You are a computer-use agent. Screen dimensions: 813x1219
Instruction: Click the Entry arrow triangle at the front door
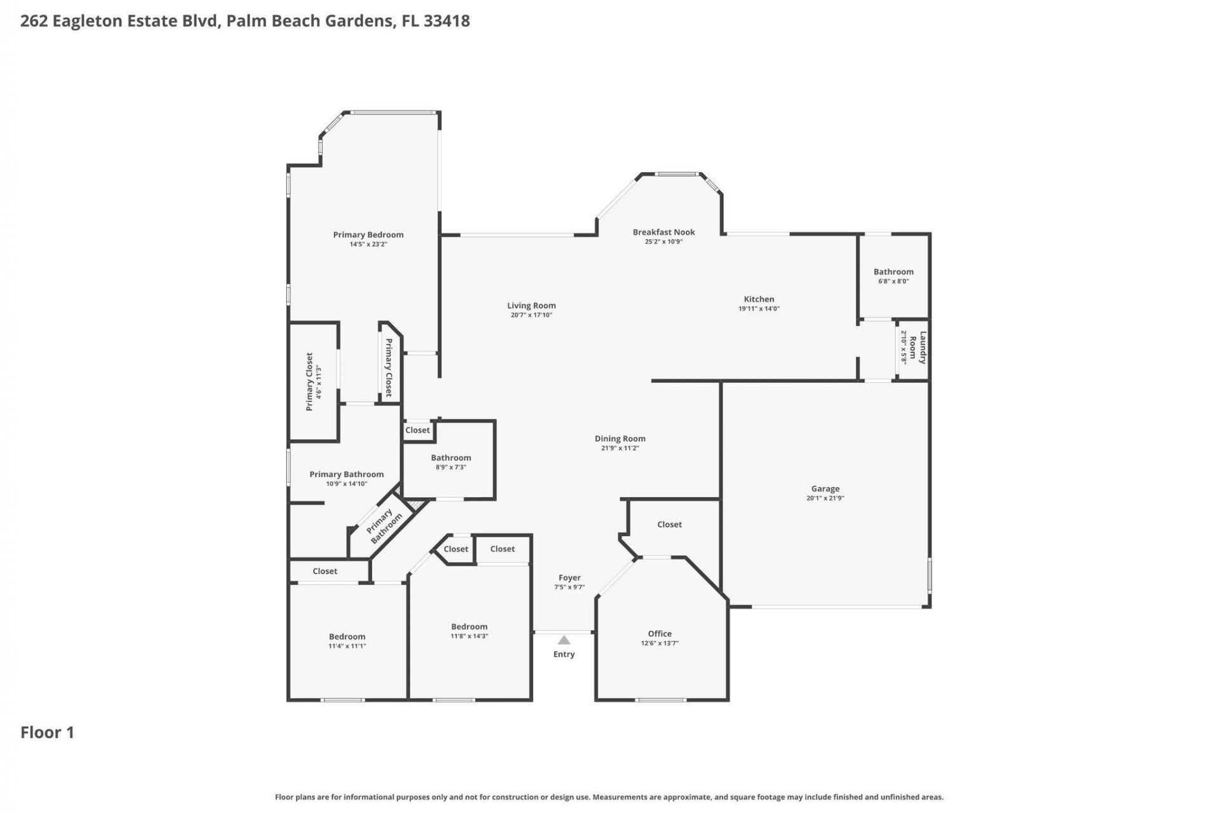click(x=564, y=640)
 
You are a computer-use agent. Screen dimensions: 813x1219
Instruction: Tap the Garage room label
click(x=825, y=488)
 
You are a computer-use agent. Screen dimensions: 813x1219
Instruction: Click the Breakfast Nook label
click(x=663, y=232)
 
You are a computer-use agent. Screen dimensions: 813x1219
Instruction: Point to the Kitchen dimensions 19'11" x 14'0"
click(x=759, y=309)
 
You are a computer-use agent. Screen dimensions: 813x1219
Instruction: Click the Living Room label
click(x=531, y=306)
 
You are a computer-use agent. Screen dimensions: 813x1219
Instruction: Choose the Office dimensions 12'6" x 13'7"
click(x=660, y=643)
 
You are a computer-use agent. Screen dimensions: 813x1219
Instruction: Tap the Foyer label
click(x=570, y=578)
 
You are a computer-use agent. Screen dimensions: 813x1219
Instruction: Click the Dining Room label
click(x=620, y=438)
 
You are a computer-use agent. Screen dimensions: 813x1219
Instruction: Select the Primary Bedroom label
click(x=368, y=235)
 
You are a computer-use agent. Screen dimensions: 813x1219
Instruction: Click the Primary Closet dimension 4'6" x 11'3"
click(x=319, y=382)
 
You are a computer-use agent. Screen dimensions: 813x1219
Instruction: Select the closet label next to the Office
click(x=669, y=525)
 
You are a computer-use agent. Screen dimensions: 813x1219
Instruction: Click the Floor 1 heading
click(x=48, y=732)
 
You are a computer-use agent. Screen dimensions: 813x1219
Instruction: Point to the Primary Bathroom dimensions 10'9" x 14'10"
click(x=347, y=484)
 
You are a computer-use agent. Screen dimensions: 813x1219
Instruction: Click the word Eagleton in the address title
click(x=88, y=21)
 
